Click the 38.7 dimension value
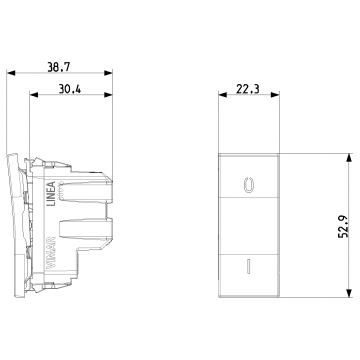pyautogui.click(x=59, y=67)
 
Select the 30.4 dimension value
pyautogui.click(x=70, y=89)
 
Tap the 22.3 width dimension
pyautogui.click(x=248, y=89)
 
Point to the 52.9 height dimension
pyautogui.click(x=343, y=226)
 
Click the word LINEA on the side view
pyautogui.click(x=50, y=194)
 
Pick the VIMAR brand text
pyautogui.click(x=51, y=253)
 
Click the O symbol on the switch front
pyautogui.click(x=249, y=184)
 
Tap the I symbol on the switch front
pyautogui.click(x=248, y=266)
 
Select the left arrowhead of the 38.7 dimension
pyautogui.click(x=11, y=73)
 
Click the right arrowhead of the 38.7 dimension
pyautogui.click(x=108, y=73)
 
